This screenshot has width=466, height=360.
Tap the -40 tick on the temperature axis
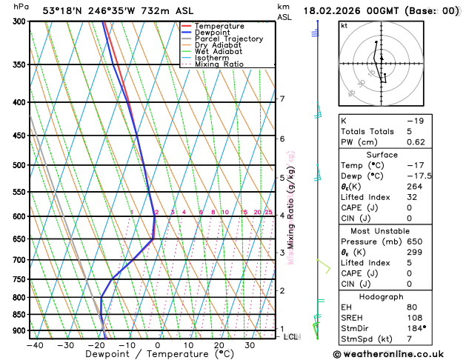33,345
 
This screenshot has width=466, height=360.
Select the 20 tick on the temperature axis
219,345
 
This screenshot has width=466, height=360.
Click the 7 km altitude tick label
282,99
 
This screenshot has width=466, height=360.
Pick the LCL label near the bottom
291,337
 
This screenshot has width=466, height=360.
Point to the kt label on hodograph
344,25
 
